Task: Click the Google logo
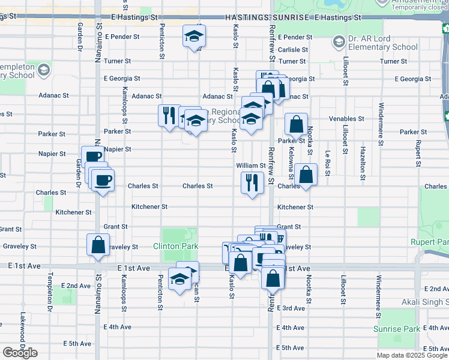click(x=20, y=353)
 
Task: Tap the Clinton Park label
click(x=175, y=246)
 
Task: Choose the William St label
click(x=251, y=166)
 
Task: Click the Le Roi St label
click(x=328, y=163)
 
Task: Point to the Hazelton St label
click(x=363, y=163)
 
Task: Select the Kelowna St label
click(x=292, y=164)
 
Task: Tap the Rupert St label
click(x=418, y=154)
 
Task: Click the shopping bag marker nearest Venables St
click(x=296, y=124)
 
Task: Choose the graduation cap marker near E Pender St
click(x=193, y=36)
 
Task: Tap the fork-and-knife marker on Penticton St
click(x=169, y=113)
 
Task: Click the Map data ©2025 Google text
click(x=411, y=355)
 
